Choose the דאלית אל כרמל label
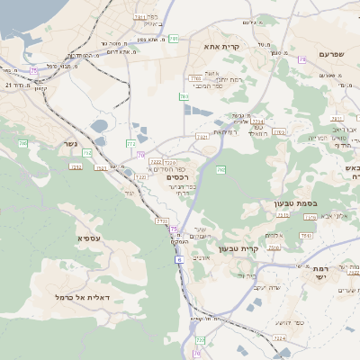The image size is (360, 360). (x=82, y=297)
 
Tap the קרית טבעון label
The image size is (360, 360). (x=264, y=247)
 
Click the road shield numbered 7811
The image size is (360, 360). (x=139, y=16)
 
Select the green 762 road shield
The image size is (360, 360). (x=220, y=169)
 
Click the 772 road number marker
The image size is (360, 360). (x=131, y=143)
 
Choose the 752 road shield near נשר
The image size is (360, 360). (x=87, y=154)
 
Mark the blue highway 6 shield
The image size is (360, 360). (x=179, y=259)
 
